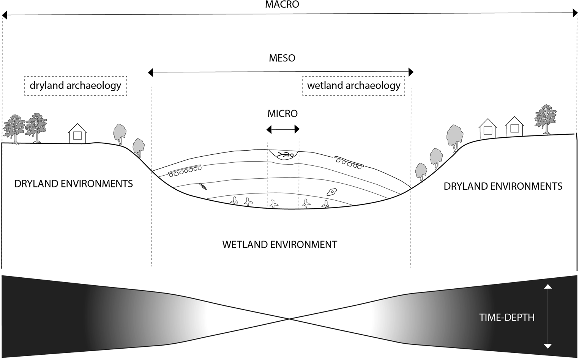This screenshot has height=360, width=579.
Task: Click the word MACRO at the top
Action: click(282, 5)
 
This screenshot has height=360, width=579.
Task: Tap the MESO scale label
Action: click(282, 58)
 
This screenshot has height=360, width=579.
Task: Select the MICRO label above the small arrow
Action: click(282, 113)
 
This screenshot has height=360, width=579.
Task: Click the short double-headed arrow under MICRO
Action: click(283, 130)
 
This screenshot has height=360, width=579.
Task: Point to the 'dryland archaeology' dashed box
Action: click(75, 86)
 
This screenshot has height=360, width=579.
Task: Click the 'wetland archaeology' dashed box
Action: click(353, 86)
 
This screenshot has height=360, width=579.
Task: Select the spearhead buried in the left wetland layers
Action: click(203, 186)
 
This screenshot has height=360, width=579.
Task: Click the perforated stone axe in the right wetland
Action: click(332, 192)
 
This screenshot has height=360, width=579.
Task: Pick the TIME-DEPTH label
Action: click(506, 318)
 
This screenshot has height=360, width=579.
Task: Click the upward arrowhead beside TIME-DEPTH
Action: click(547, 286)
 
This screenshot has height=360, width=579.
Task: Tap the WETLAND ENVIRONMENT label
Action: click(279, 244)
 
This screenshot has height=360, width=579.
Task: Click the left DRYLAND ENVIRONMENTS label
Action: click(74, 184)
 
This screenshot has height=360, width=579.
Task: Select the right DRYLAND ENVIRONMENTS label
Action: click(503, 186)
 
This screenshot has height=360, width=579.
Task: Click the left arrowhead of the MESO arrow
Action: click(151, 72)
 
